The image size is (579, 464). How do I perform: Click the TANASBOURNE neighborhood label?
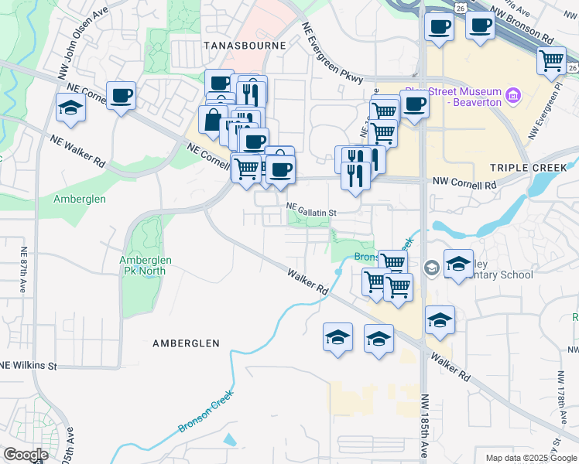tap(244, 46)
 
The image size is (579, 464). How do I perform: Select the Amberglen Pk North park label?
tap(146, 266)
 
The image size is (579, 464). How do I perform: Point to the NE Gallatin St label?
tap(312, 210)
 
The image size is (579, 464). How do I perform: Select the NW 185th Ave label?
tap(424, 423)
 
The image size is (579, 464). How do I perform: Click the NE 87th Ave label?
tap(24, 268)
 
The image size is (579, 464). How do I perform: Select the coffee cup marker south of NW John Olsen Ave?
tap(122, 96)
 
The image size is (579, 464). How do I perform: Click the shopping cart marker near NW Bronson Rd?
tap(552, 60)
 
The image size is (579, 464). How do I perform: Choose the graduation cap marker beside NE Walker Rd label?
tap(70, 107)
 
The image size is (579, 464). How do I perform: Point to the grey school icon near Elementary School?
tap(431, 268)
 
